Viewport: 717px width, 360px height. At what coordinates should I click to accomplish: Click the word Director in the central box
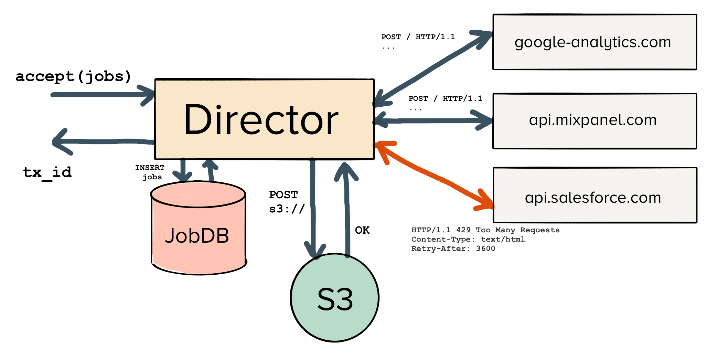coord(261,120)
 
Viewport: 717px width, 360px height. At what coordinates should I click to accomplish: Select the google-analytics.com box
coord(594,42)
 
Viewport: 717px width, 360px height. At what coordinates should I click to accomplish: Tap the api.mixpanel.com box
coord(594,120)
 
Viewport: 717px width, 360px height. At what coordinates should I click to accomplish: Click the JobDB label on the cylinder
coord(197,236)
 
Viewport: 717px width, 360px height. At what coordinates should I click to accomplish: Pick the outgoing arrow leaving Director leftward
coord(103,141)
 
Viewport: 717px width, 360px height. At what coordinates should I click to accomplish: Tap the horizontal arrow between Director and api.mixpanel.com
coord(434,120)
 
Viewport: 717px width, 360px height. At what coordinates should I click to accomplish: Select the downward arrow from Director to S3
coord(313,207)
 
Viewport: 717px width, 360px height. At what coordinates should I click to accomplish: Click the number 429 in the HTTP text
coord(463,230)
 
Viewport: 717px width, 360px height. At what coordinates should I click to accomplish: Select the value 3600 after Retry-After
coord(485,248)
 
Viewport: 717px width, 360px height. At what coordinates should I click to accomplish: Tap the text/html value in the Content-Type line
coord(503,239)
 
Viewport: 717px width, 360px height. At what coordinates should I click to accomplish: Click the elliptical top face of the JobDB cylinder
coord(198,195)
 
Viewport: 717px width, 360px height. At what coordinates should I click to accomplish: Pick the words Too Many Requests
coord(517,230)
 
